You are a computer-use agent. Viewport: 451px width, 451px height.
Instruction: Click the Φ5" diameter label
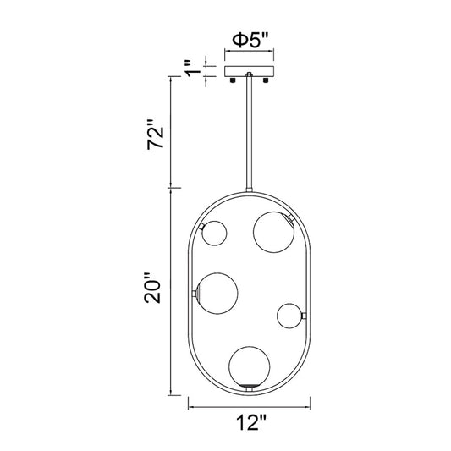(x=250, y=40)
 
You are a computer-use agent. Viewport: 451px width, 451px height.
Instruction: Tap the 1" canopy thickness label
(x=193, y=69)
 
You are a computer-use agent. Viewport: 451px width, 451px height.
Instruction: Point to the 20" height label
(x=152, y=288)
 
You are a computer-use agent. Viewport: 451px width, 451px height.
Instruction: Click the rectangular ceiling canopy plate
(x=249, y=72)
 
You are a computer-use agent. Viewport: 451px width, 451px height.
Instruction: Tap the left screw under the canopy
(x=233, y=80)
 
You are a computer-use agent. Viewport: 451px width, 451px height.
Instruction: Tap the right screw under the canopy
(x=266, y=80)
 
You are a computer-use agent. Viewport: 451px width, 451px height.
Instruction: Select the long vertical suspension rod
(x=249, y=132)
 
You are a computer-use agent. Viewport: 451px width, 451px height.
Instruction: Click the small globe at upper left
(x=214, y=234)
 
